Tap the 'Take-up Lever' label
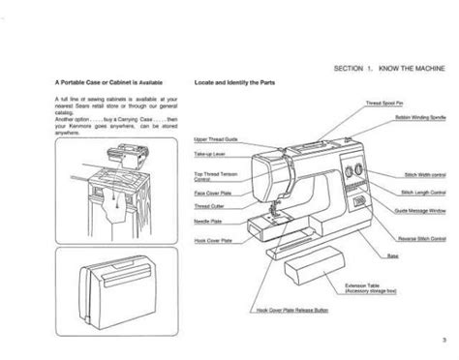pyautogui.click(x=213, y=153)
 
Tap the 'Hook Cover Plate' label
pyautogui.click(x=214, y=238)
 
